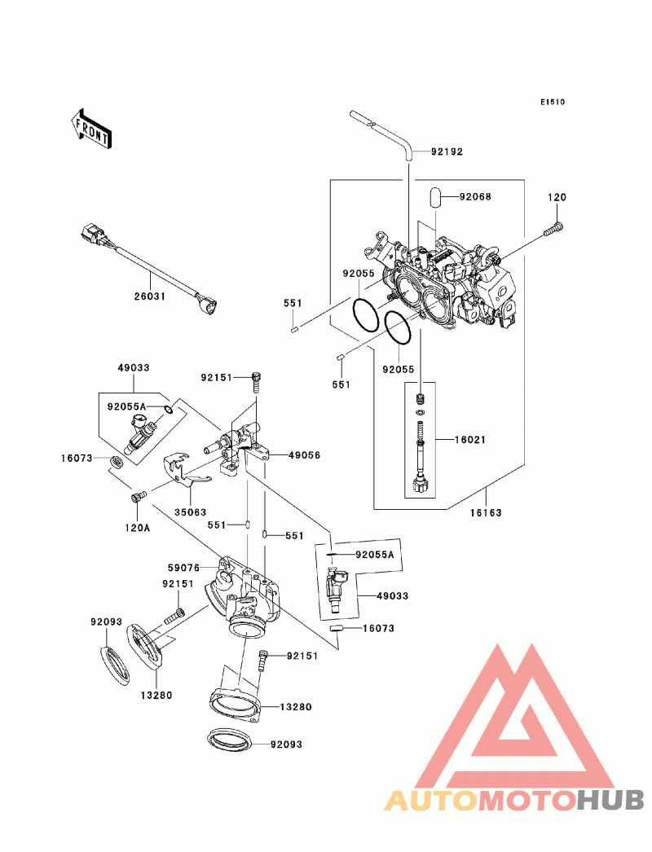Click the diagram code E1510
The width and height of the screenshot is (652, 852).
click(553, 102)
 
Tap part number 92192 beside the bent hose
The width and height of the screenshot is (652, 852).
click(447, 152)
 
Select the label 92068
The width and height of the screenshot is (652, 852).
click(474, 196)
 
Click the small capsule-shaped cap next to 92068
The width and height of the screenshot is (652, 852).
click(435, 196)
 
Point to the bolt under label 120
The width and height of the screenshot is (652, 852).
click(553, 230)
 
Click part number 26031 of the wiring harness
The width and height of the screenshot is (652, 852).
click(150, 296)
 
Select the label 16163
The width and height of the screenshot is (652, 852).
click(486, 512)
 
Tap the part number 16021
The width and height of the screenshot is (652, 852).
click(470, 440)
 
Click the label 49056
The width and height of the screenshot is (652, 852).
click(304, 455)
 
